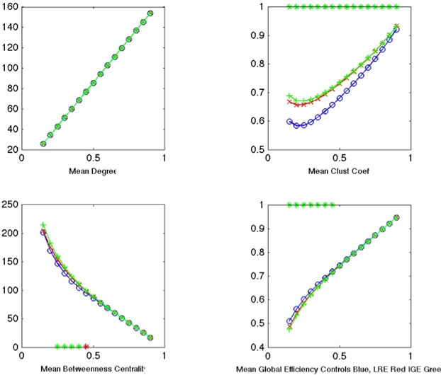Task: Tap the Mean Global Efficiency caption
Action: coord(338,369)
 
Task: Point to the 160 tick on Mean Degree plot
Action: coord(11,8)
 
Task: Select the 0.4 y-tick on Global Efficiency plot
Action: coord(257,347)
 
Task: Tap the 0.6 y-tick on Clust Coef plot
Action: coord(257,122)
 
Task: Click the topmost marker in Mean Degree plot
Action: coord(150,13)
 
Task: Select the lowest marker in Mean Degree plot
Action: coord(43,144)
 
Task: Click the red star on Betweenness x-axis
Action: coord(86,347)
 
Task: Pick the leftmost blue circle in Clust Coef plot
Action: coord(289,122)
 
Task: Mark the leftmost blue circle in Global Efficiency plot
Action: coord(289,321)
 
